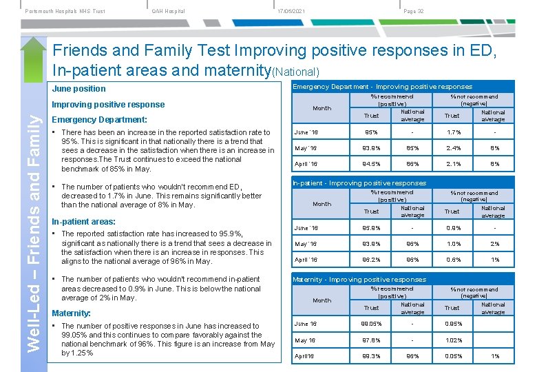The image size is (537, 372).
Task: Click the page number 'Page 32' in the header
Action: click(x=413, y=11)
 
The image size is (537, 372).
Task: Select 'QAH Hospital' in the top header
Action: click(x=169, y=11)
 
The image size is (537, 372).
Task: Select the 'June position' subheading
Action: click(x=79, y=89)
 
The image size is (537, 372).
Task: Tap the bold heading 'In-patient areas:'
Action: click(x=83, y=222)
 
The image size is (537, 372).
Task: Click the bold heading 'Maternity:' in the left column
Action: click(x=72, y=313)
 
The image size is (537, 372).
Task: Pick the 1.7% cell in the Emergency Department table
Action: click(x=452, y=132)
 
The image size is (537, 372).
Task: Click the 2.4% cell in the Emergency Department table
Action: click(x=452, y=147)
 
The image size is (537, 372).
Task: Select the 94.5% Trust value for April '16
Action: click(x=372, y=164)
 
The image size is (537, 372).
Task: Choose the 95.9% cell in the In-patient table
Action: click(x=372, y=228)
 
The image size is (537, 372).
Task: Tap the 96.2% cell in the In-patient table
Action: click(x=372, y=260)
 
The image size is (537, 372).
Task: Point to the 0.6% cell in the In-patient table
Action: click(x=452, y=260)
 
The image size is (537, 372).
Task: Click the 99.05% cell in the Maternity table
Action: click(x=372, y=324)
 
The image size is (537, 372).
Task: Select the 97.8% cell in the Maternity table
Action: click(x=372, y=340)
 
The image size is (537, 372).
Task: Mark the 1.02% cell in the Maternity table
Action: click(x=452, y=340)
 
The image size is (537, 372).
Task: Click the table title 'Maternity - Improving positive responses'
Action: click(x=359, y=280)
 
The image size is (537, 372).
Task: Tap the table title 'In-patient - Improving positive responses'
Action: click(x=359, y=183)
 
